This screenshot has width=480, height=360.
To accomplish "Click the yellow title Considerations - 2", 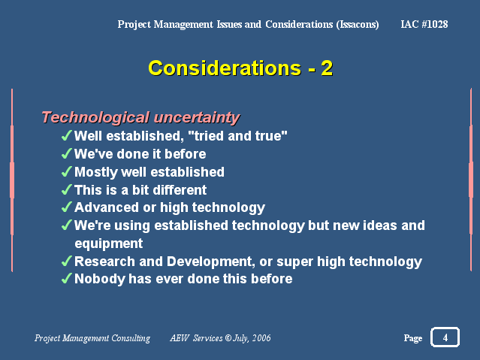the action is [x=240, y=68].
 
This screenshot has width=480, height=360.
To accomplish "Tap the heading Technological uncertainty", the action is [x=140, y=118].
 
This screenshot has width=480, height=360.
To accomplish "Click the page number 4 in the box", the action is [x=445, y=337].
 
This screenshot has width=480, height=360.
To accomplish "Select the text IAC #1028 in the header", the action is [x=424, y=24].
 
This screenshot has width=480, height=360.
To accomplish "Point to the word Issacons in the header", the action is [x=358, y=25].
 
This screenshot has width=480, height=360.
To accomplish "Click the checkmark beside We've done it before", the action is [x=67, y=153].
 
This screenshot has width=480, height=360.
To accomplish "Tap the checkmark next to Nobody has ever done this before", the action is [x=67, y=278].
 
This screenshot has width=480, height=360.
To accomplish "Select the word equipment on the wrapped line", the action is [x=109, y=244].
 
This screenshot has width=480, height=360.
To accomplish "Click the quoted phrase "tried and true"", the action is [x=238, y=136].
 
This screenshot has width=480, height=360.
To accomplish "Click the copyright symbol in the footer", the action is [x=228, y=337].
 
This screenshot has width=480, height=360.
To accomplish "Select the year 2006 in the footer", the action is [x=261, y=338].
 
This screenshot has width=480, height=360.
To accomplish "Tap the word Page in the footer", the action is [x=413, y=338].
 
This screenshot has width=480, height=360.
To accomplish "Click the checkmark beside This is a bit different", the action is [x=67, y=189].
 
